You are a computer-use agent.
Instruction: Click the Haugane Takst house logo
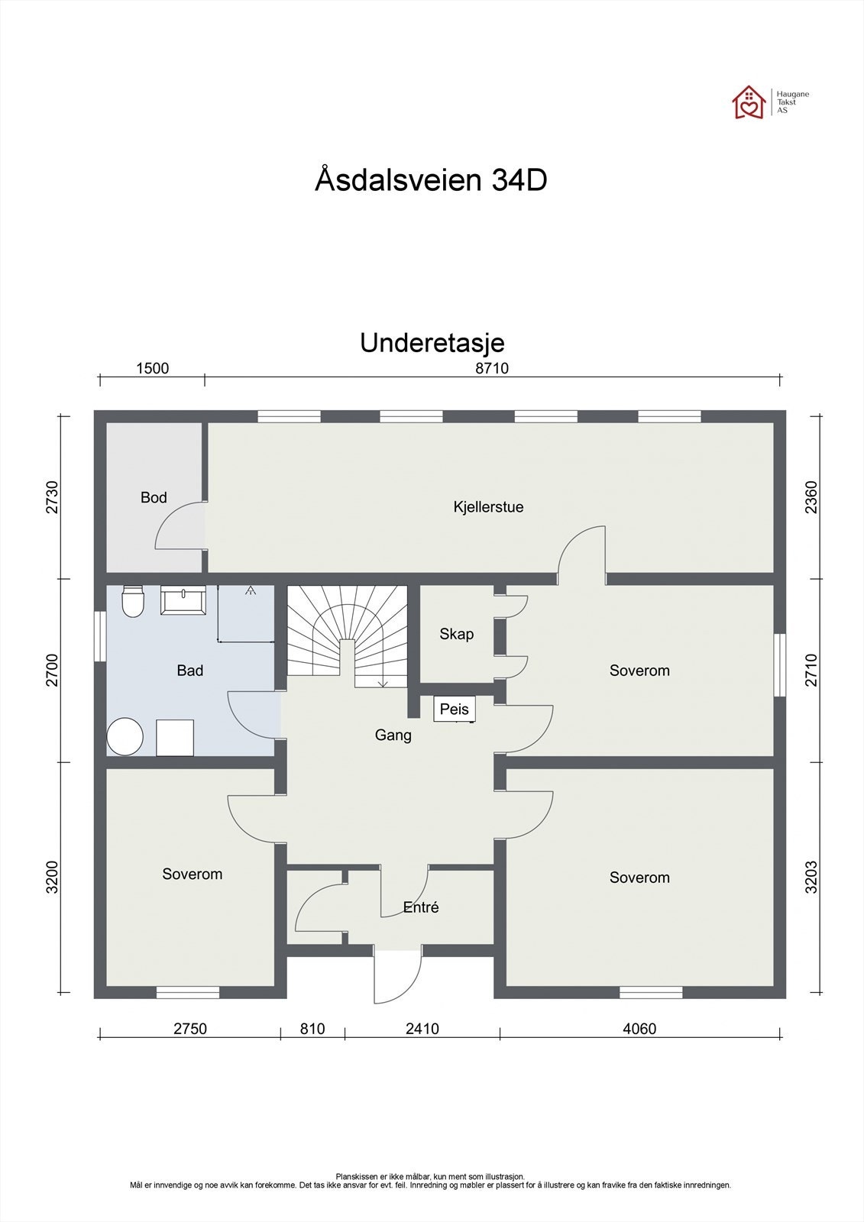tap(749, 102)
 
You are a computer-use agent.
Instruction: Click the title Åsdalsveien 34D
tap(431, 180)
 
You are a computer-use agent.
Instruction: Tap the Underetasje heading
tap(432, 343)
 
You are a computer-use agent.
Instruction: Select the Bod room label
tap(154, 498)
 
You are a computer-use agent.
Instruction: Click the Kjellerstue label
tap(488, 507)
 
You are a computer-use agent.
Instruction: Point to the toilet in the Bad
tap(133, 601)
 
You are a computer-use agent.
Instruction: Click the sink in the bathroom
tap(182, 600)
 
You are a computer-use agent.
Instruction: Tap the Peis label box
tap(455, 710)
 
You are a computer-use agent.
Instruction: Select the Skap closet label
tap(456, 634)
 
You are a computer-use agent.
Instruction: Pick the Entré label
tap(421, 907)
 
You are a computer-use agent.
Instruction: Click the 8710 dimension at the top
tap(492, 368)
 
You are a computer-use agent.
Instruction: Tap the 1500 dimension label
tap(152, 368)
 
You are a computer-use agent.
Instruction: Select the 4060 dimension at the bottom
tap(639, 1029)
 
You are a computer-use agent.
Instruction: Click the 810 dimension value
tap(312, 1029)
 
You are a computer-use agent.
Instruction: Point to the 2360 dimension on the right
tap(811, 496)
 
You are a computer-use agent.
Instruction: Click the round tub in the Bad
tap(125, 736)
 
